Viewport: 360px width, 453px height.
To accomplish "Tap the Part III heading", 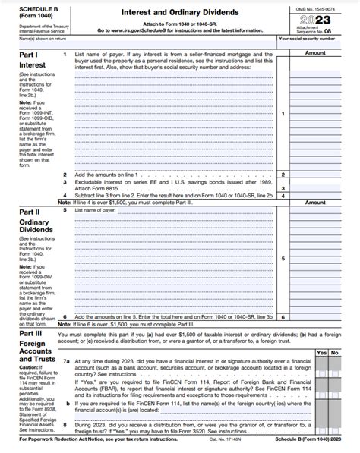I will tap(30, 332).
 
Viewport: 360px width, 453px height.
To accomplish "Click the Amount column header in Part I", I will tap(314, 53).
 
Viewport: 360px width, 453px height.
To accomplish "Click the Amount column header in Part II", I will tap(314, 203).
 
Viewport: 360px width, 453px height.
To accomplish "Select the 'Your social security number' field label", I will tap(307, 39).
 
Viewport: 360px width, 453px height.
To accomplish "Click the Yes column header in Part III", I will tap(321, 352).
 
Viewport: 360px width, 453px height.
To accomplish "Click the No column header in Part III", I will tap(334, 352).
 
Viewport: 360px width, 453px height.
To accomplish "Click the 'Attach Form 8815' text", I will tap(96, 189).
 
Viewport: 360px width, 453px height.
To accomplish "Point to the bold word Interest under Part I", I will tap(32, 65).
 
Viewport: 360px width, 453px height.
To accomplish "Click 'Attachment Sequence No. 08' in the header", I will tap(314, 30).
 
